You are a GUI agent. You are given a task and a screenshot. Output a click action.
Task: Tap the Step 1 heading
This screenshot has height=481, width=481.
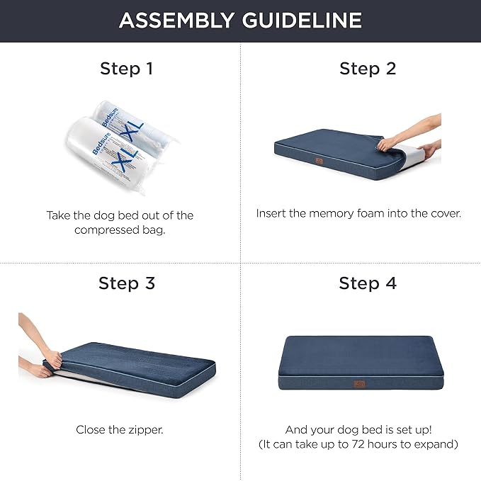pyautogui.click(x=126, y=69)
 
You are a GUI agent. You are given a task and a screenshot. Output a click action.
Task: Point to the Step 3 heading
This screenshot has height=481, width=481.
pyautogui.click(x=126, y=283)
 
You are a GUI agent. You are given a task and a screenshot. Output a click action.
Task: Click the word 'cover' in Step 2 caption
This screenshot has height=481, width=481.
pyautogui.click(x=443, y=213)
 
